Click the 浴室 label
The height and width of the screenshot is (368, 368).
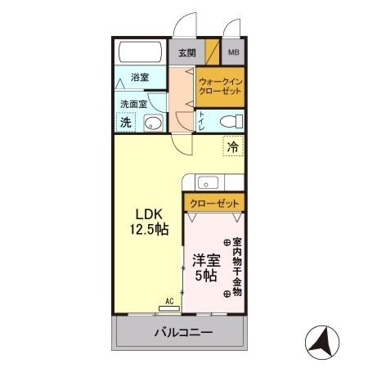(139, 79)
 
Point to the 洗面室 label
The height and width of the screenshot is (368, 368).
(132, 105)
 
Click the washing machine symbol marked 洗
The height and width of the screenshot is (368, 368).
(126, 123)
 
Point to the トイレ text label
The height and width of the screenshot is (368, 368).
(201, 121)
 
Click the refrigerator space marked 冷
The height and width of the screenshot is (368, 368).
(233, 147)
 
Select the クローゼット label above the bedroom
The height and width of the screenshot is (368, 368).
(214, 203)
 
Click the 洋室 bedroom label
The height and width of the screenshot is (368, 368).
(205, 259)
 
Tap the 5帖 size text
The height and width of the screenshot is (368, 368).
(205, 276)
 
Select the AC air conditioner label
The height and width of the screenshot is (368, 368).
(170, 302)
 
